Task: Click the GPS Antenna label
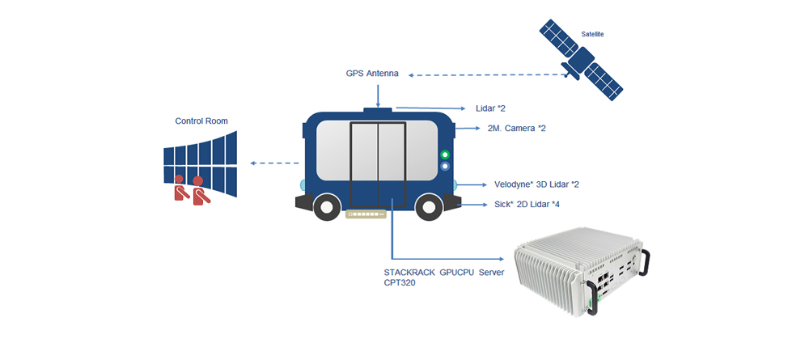click(371, 74)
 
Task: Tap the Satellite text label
click(592, 34)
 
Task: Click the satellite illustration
click(581, 61)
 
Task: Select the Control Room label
click(201, 121)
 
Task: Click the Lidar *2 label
click(491, 108)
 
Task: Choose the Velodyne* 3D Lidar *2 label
click(536, 184)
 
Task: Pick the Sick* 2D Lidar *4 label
click(527, 205)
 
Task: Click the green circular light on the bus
click(444, 155)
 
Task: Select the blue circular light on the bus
click(444, 167)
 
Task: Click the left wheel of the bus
click(325, 206)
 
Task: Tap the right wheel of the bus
click(428, 206)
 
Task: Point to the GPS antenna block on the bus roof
click(378, 109)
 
